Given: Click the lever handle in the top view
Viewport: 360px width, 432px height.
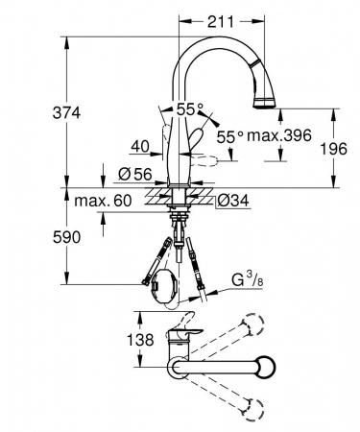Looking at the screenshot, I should [x=182, y=338].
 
